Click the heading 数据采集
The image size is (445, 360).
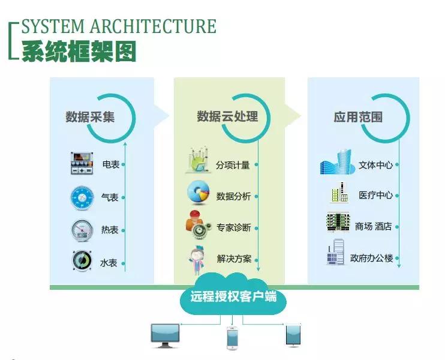coord(90,117)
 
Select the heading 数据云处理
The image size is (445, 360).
coord(227,116)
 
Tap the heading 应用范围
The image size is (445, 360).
coord(358,117)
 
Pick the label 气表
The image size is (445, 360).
coord(110,197)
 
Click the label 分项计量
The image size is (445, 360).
coord(233,164)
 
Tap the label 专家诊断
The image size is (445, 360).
coord(233,228)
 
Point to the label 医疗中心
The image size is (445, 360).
coord(375,196)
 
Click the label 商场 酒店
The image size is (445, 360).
coord(373,227)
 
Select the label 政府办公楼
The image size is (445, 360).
coord(371,259)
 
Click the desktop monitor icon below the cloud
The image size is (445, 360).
coord(165,335)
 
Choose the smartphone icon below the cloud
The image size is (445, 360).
coord(232,337)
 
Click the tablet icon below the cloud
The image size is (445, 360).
coord(293,335)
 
